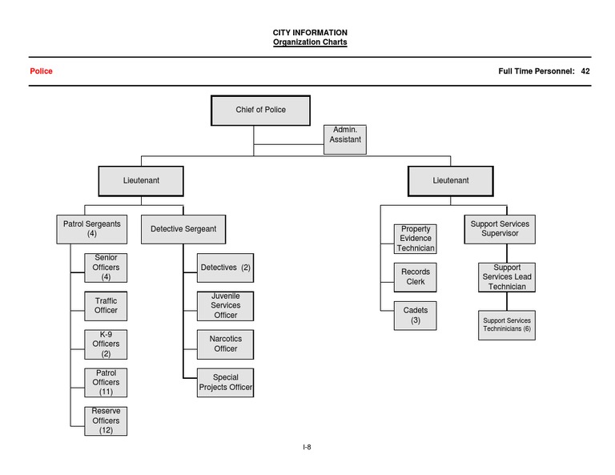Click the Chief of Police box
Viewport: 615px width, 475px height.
point(260,111)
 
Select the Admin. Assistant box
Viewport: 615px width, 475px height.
point(346,139)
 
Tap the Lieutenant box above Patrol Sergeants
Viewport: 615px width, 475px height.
point(141,181)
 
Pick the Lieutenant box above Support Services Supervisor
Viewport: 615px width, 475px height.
point(450,181)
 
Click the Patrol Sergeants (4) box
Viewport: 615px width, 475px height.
point(92,229)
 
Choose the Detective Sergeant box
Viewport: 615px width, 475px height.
point(183,229)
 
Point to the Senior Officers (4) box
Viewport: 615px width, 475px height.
point(106,268)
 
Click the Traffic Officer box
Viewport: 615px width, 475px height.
point(106,305)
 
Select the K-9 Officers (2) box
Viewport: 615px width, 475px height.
point(106,344)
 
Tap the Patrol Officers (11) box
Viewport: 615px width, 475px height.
point(106,383)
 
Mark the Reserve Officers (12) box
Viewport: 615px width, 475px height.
point(106,421)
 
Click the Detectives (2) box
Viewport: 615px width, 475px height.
point(225,268)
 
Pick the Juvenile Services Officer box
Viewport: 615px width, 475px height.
point(225,305)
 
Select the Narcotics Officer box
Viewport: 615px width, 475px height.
point(225,344)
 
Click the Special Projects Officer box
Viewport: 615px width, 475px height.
point(225,383)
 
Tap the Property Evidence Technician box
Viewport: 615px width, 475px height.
point(416,239)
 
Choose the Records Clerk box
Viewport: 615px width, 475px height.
point(416,277)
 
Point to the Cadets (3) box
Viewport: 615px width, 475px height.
point(416,316)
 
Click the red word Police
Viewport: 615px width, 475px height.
point(41,71)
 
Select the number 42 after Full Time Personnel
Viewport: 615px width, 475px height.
point(585,71)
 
